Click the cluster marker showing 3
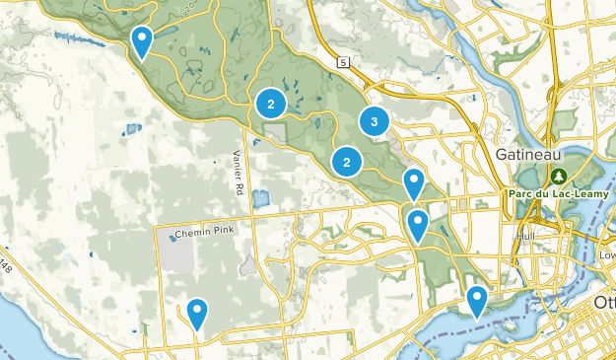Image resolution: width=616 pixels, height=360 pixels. (x=374, y=121)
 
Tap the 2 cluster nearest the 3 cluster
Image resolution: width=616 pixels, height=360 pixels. (x=347, y=162)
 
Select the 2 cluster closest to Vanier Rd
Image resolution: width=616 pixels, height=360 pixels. (x=270, y=103)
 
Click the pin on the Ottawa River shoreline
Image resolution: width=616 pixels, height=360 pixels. (x=477, y=300)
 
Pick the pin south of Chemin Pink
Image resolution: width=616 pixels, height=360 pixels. (x=197, y=314)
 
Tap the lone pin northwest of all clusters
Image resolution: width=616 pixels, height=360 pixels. (x=142, y=41)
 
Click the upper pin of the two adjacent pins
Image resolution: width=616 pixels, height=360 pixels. (x=414, y=183)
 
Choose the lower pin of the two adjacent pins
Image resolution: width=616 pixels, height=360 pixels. (x=418, y=226)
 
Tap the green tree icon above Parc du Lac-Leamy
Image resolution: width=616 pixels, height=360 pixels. (x=559, y=177)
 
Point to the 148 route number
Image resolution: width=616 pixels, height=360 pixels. (x=6, y=265)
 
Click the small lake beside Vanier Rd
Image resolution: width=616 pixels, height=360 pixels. (x=260, y=198)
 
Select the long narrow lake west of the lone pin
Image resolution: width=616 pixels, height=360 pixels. (x=77, y=40)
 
